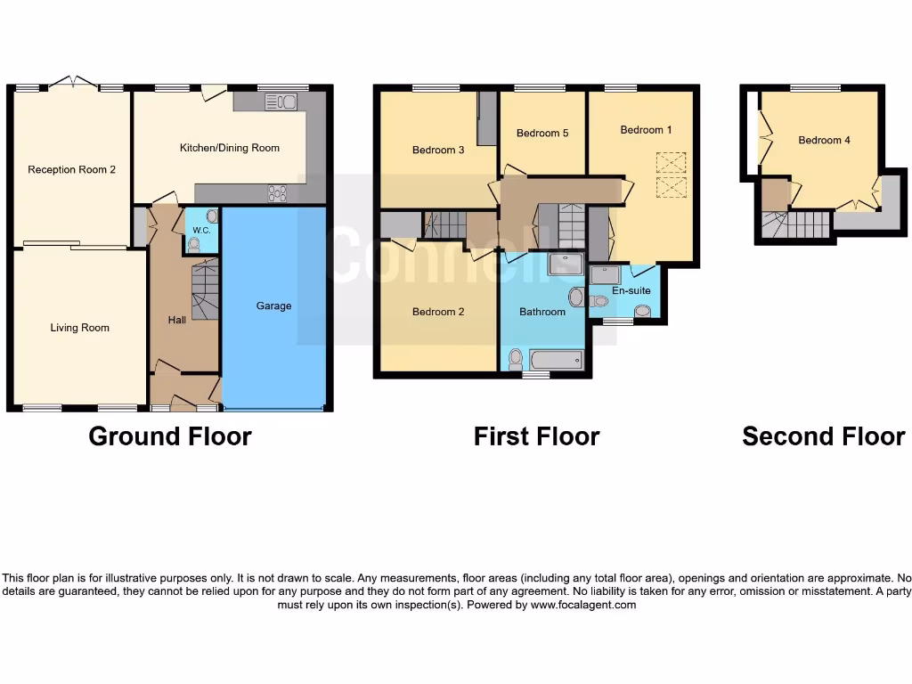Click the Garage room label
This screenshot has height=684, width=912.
pyautogui.click(x=273, y=305)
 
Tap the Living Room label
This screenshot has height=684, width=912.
pyautogui.click(x=79, y=328)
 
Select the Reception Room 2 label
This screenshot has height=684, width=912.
pyautogui.click(x=71, y=169)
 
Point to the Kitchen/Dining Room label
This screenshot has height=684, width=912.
pyautogui.click(x=229, y=148)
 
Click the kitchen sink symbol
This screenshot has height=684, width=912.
pyautogui.click(x=281, y=102)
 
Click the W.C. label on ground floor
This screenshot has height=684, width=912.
pyautogui.click(x=200, y=231)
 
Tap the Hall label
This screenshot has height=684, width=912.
pyautogui.click(x=177, y=320)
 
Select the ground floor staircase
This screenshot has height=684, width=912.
pyautogui.click(x=205, y=290)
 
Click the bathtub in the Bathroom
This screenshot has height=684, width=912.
pyautogui.click(x=556, y=360)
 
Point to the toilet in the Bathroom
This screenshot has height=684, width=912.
pyautogui.click(x=516, y=358)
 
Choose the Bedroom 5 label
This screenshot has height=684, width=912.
pyautogui.click(x=542, y=134)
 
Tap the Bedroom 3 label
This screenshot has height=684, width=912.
pyautogui.click(x=438, y=150)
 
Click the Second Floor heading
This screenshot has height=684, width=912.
pyautogui.click(x=823, y=436)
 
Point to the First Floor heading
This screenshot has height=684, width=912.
pyautogui.click(x=536, y=436)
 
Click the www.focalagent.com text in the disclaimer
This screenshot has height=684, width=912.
pyautogui.click(x=583, y=605)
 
